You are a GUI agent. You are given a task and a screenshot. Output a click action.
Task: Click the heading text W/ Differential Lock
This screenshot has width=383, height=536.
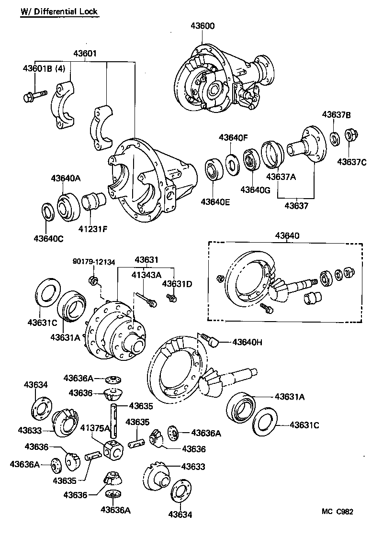click(x=59, y=12)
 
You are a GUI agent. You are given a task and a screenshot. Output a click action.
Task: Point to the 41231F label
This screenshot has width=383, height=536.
click(x=93, y=228)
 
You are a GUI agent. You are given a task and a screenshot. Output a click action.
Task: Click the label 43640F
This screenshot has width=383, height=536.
click(x=233, y=138)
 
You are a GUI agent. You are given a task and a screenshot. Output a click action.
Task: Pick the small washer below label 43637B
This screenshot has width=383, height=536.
click(x=336, y=137)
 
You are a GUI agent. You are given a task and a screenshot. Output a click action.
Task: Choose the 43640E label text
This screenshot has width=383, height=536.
click(x=215, y=201)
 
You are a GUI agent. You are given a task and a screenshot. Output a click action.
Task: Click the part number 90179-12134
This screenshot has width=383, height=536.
click(x=94, y=261)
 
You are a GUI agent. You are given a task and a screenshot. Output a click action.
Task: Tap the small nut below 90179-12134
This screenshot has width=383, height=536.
click(x=94, y=279)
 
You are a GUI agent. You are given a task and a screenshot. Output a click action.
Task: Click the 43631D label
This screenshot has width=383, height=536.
click(x=177, y=284)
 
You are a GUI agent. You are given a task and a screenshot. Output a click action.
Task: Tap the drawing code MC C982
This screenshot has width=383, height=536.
click(x=338, y=511)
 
